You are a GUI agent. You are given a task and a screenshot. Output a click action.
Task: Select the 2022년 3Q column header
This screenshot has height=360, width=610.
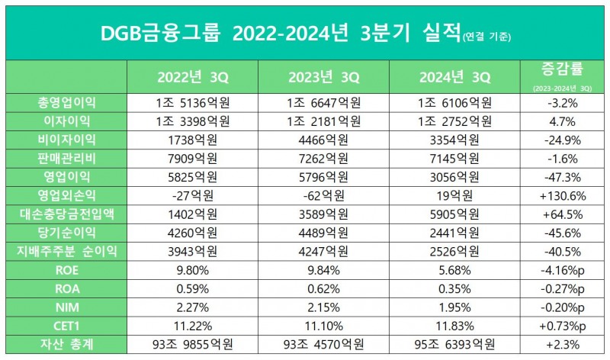click(x=192, y=78)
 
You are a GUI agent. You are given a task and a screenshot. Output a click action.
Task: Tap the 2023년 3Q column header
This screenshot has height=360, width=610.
click(x=323, y=78)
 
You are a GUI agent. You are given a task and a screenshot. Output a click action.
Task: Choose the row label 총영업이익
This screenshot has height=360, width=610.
click(x=66, y=102)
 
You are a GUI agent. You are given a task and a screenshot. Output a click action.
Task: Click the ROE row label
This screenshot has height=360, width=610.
click(x=66, y=270)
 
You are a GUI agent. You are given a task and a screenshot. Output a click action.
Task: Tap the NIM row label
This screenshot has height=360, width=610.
click(x=66, y=307)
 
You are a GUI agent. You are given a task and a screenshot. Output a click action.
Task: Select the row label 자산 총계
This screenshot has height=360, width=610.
click(x=66, y=345)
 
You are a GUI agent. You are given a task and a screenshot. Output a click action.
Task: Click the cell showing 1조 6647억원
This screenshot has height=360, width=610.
click(x=323, y=102)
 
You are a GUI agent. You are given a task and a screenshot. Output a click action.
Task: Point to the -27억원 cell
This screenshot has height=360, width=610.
click(x=192, y=195)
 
